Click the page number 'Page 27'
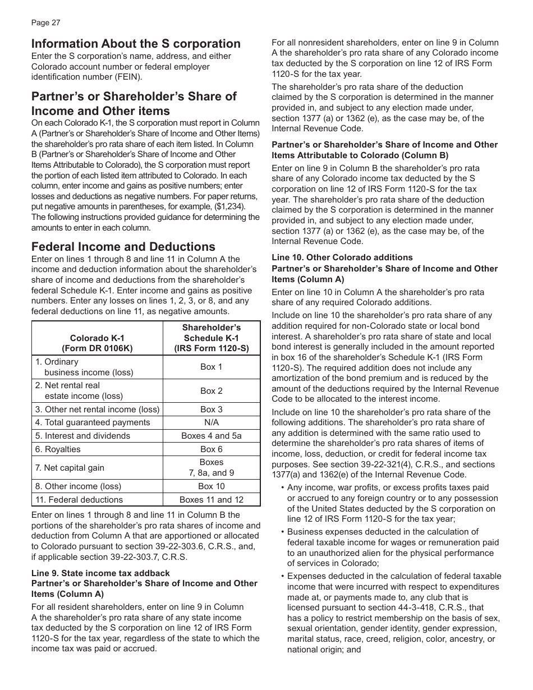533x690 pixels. [45, 23]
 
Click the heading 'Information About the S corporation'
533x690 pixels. [136, 44]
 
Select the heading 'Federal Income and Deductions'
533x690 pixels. [123, 247]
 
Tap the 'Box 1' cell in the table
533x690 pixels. [211, 367]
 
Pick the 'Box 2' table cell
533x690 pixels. [211, 390]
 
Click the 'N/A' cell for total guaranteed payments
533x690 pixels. [211, 422]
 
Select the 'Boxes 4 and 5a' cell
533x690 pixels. [211, 436]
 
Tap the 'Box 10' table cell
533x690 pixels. [211, 486]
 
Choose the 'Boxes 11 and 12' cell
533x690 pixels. [211, 500]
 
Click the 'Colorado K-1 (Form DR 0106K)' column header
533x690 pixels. [97, 343]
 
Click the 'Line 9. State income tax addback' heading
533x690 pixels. [100, 573]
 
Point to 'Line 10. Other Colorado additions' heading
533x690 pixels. [342, 257]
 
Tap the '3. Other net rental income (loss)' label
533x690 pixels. [97, 409]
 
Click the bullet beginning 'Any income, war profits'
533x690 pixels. [387, 487]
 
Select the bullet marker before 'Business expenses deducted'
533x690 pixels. [282, 532]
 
